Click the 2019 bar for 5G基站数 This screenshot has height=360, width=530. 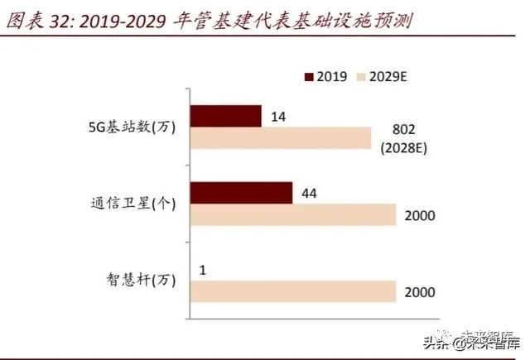[x=226, y=117]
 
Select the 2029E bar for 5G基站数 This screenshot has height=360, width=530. [x=281, y=138]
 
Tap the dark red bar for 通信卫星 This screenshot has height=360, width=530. [x=241, y=193]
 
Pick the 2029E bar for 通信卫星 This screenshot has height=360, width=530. [x=293, y=215]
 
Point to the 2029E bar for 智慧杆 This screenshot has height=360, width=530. [x=293, y=291]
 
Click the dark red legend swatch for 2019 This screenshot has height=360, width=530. [x=310, y=77]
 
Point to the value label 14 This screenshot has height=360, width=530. [x=279, y=118]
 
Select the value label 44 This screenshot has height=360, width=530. [x=310, y=194]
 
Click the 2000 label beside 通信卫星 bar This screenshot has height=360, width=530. [x=419, y=216]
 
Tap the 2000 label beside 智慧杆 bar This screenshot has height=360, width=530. [x=419, y=292]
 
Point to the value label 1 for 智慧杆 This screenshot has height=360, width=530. [x=203, y=270]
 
